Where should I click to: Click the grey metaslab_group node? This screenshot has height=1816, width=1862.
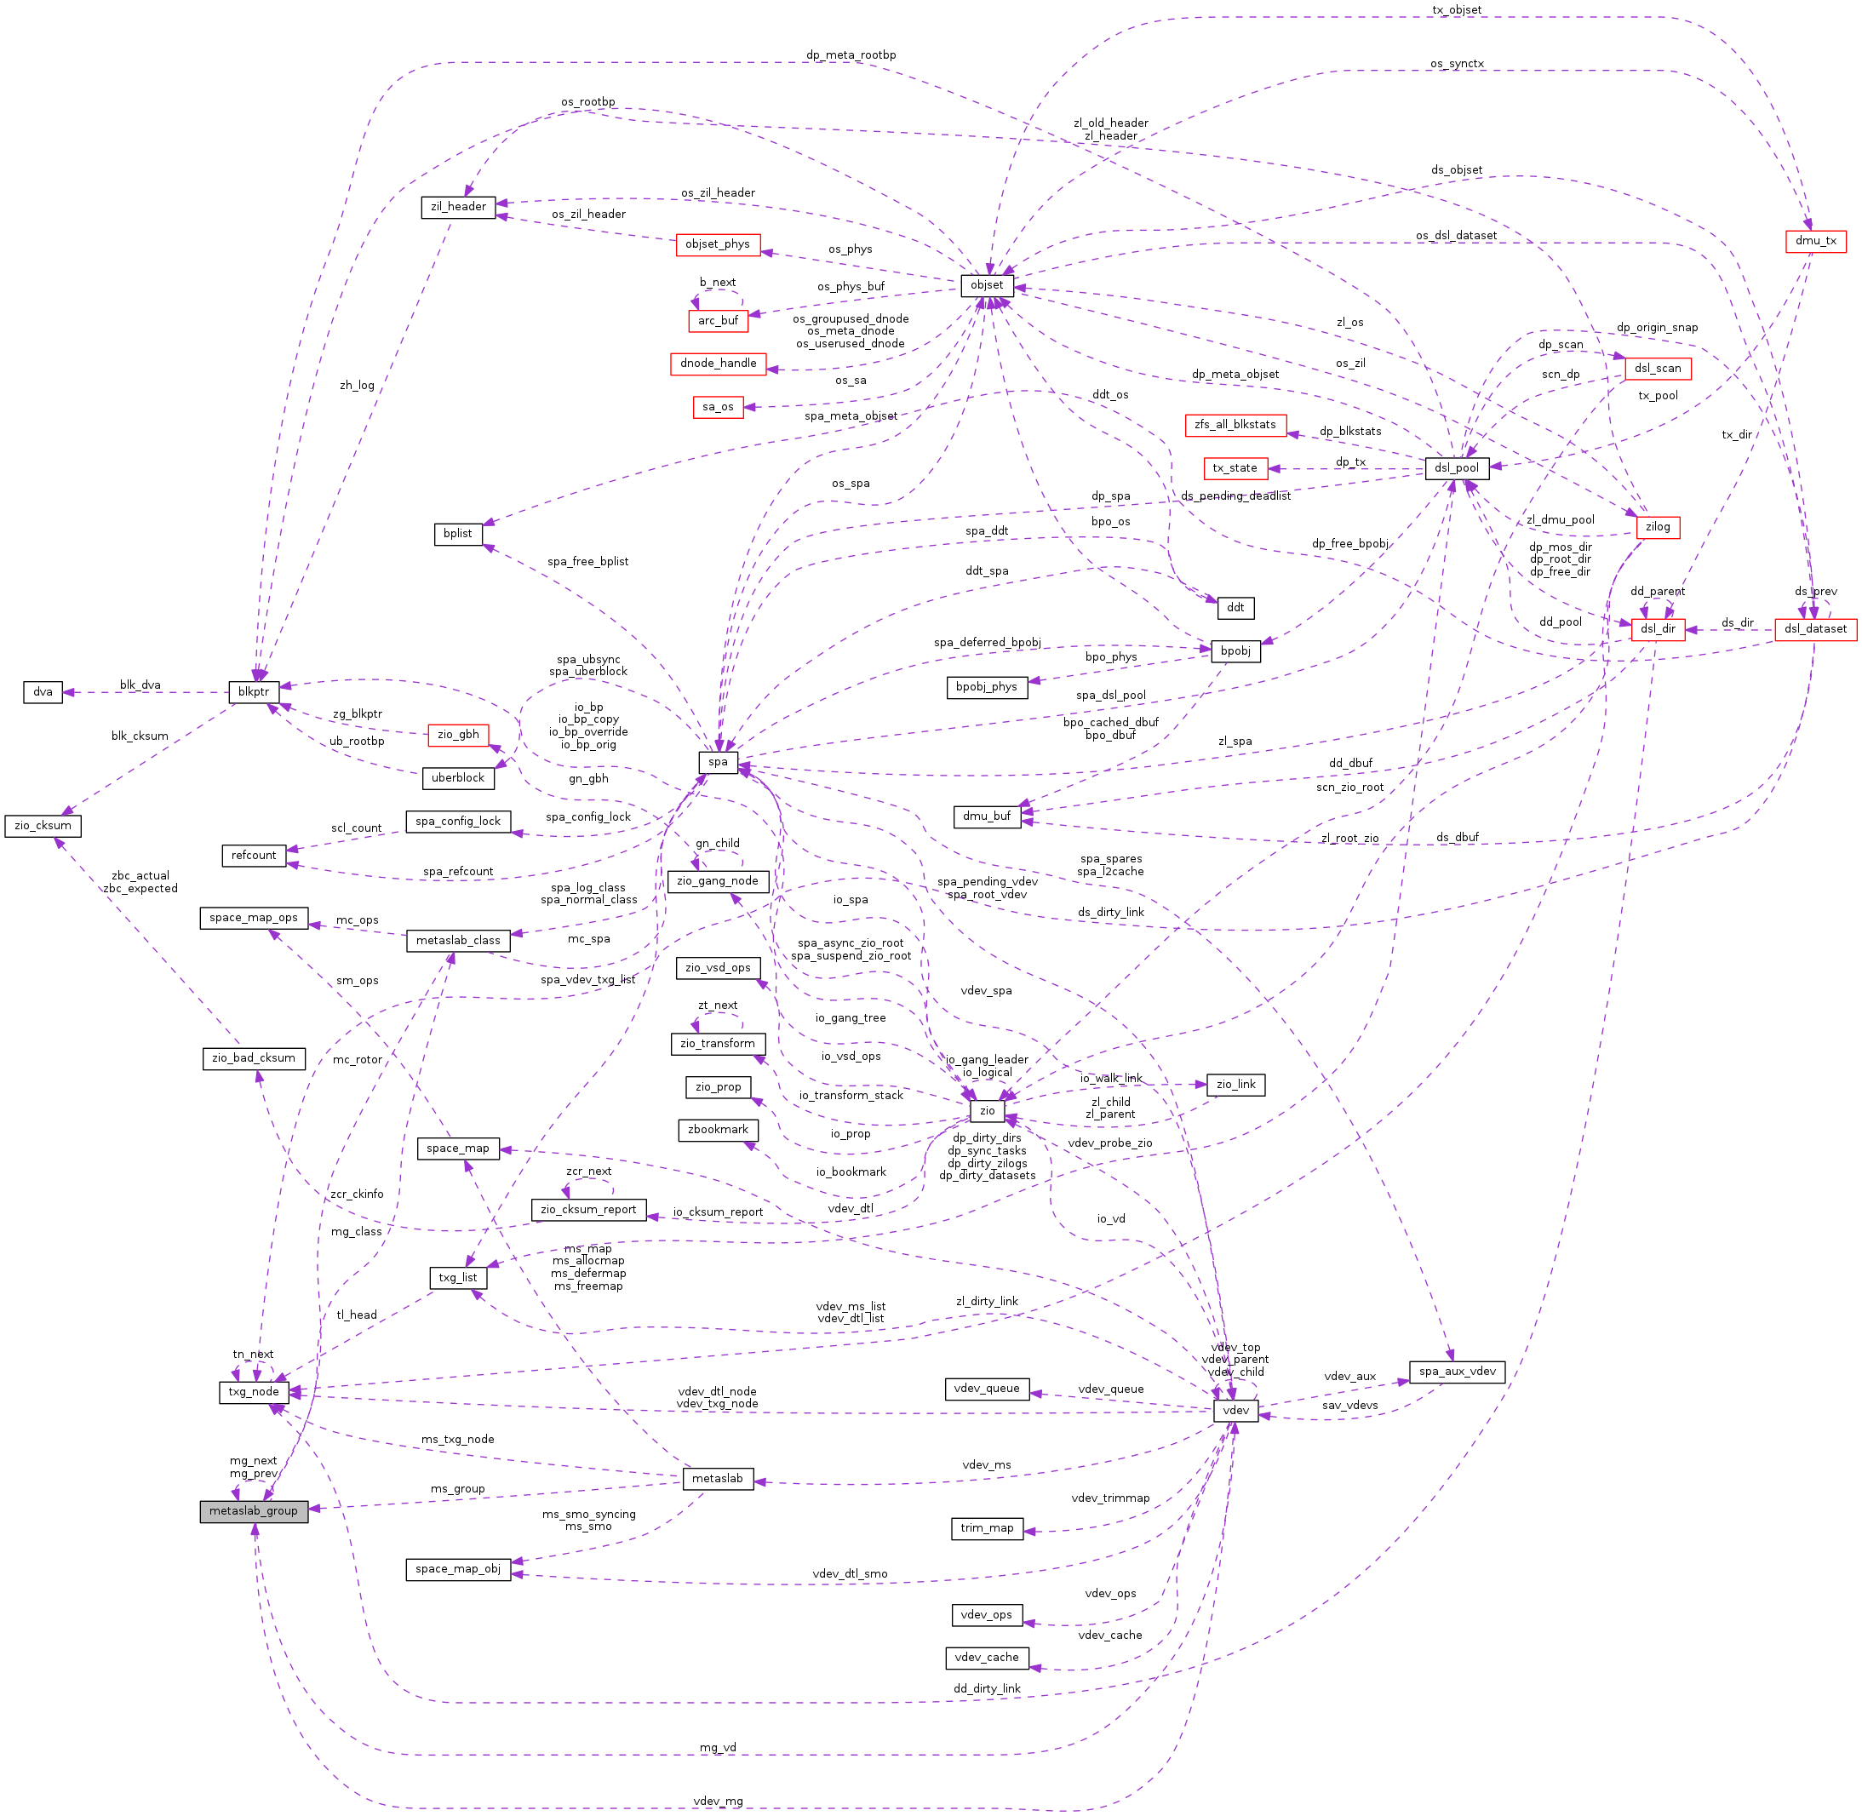click(254, 1511)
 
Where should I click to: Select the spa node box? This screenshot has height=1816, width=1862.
click(719, 762)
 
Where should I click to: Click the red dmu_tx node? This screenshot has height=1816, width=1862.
click(1814, 241)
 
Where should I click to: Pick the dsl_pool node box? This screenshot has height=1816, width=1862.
click(1457, 468)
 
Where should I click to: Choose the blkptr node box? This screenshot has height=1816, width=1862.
click(254, 692)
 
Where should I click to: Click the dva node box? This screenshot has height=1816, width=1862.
click(43, 692)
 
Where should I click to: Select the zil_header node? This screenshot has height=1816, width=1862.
click(458, 207)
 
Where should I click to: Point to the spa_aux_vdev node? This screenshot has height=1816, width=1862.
click(1457, 1372)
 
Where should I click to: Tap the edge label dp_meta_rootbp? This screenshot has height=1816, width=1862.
click(850, 55)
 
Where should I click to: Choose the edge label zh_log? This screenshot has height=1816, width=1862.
click(357, 386)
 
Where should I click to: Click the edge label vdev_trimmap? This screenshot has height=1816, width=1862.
click(1110, 1498)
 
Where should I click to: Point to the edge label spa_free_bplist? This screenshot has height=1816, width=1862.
click(587, 562)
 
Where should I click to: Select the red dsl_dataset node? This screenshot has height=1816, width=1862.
click(1814, 629)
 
